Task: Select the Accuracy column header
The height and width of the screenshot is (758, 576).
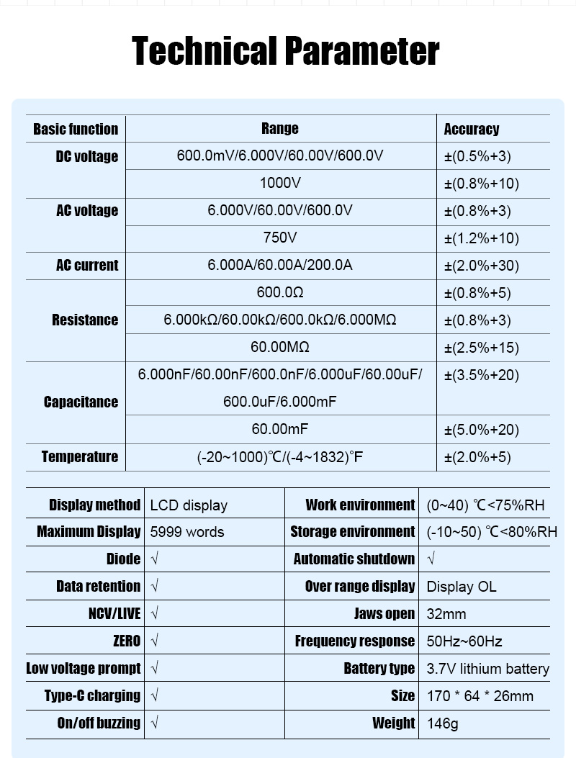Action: (472, 130)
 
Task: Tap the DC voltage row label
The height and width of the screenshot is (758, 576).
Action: (87, 156)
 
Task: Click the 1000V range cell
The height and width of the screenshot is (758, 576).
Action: (280, 184)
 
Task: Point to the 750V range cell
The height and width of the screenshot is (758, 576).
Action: (280, 238)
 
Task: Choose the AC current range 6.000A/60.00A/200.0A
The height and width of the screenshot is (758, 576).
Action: (280, 265)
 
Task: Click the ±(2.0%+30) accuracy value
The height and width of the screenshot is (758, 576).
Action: (481, 266)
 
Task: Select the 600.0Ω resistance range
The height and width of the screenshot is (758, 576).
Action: (280, 292)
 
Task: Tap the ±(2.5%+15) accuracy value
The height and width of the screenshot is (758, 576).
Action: (481, 348)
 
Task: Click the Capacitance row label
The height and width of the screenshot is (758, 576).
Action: (81, 402)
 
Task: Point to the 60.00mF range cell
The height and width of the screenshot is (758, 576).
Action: (280, 429)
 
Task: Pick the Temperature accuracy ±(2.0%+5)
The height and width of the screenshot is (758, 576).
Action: (477, 457)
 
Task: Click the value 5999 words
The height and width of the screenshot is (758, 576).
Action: (187, 532)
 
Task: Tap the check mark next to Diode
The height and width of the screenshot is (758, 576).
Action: (155, 559)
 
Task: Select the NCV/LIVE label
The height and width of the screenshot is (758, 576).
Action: (109, 613)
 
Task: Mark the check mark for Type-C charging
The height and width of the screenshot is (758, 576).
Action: (155, 695)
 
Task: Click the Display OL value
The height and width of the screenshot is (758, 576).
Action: (462, 587)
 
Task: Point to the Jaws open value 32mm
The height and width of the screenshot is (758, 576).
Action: (446, 614)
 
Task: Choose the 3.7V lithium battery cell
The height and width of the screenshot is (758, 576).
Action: (487, 669)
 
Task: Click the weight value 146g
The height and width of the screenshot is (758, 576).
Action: (442, 723)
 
